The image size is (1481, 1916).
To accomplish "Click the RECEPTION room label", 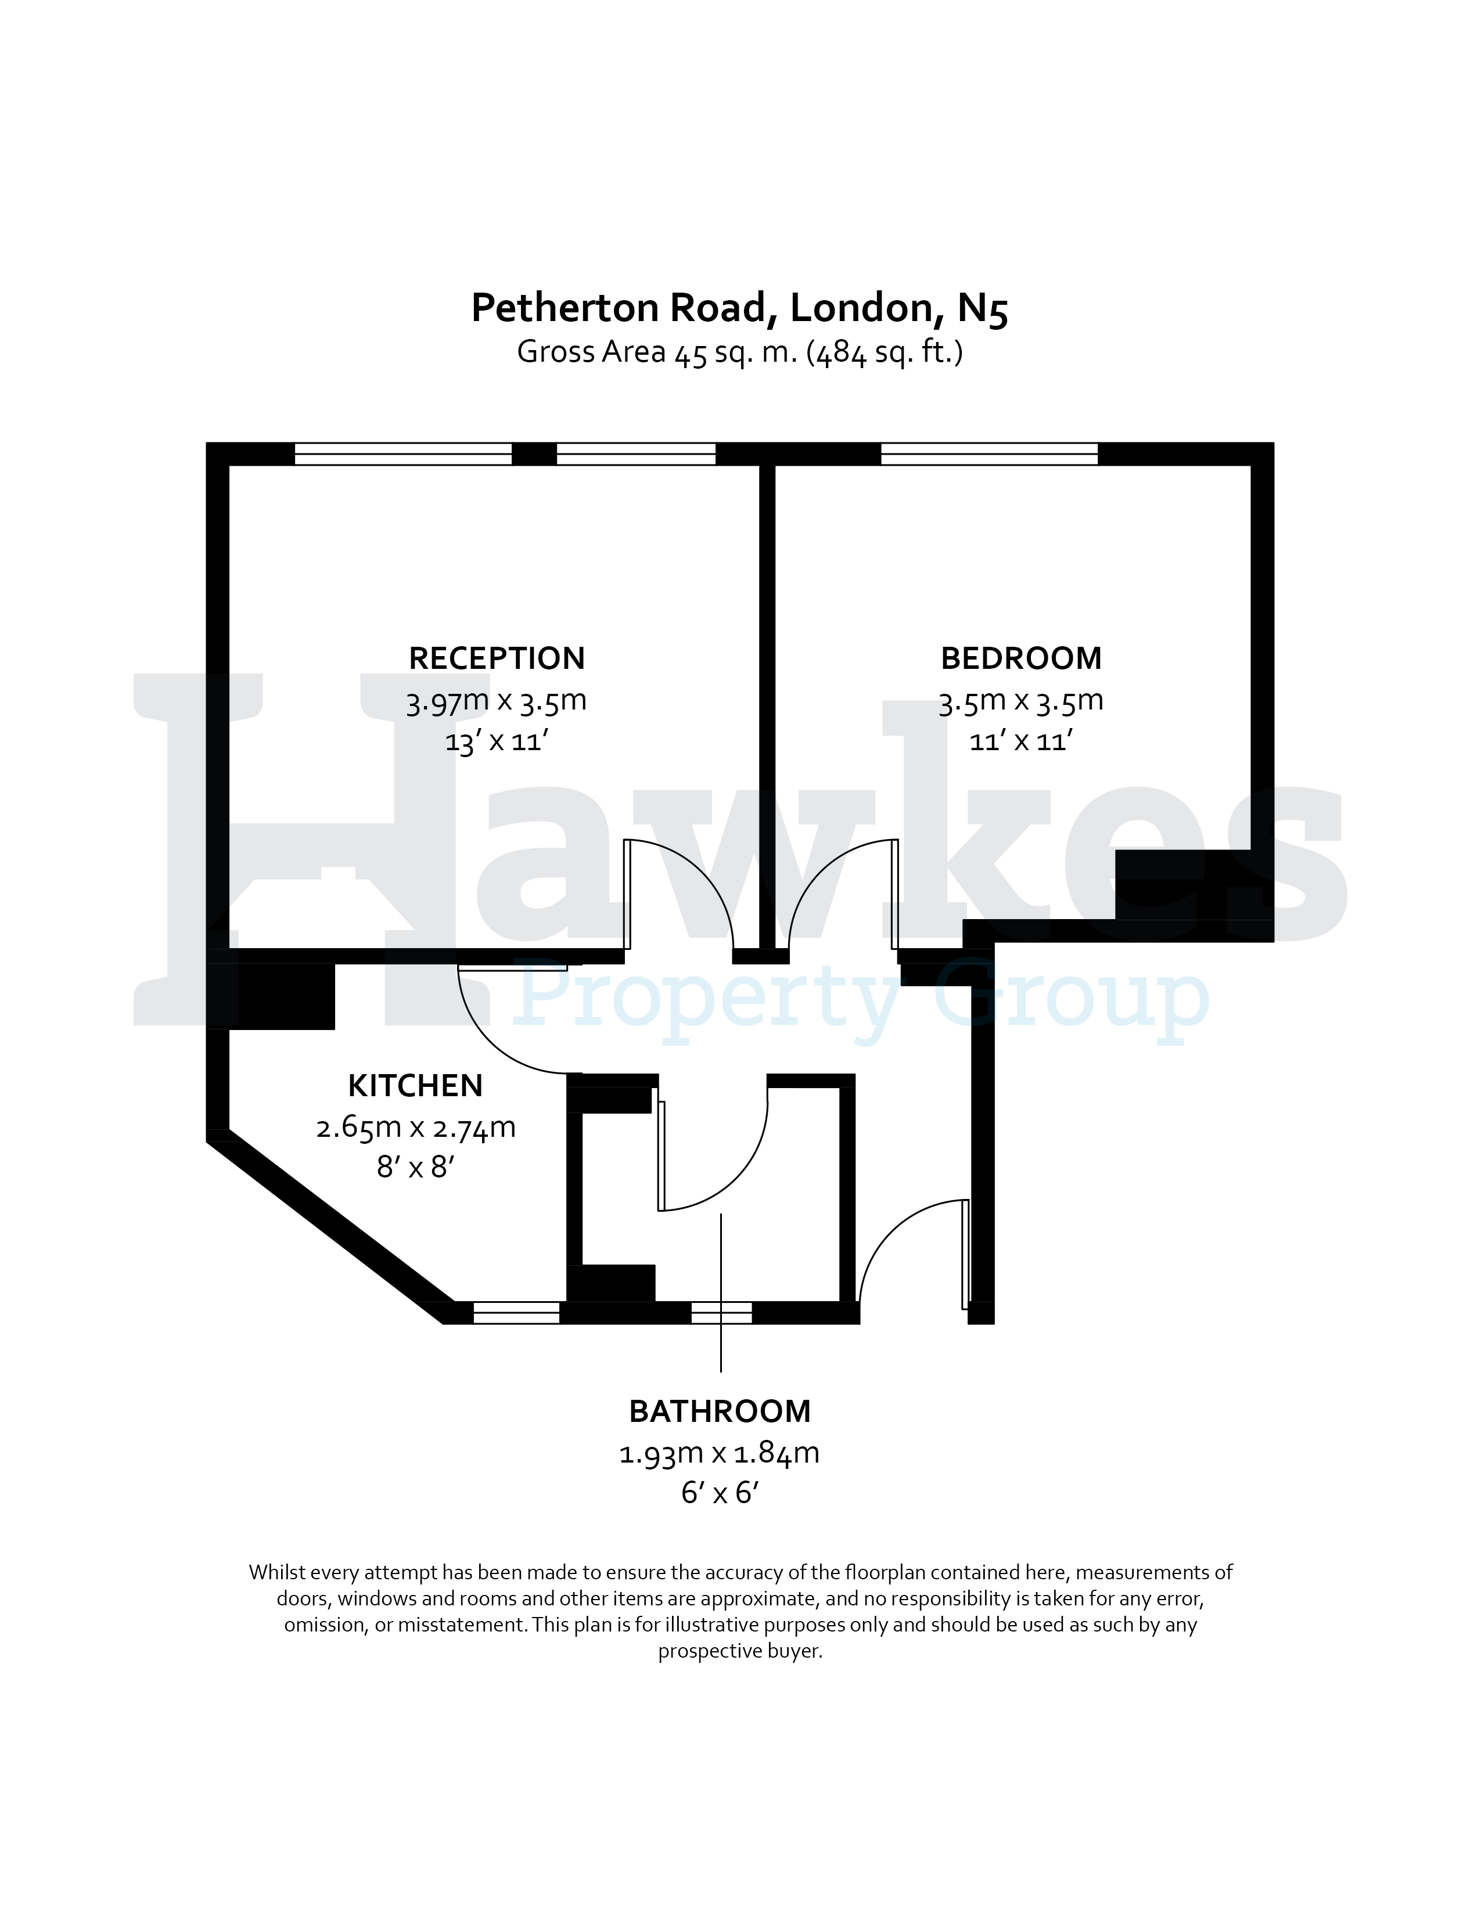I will click(x=497, y=658).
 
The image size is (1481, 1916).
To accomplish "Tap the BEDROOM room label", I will click(x=1020, y=658).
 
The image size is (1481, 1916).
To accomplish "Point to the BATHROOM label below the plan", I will click(x=720, y=1411).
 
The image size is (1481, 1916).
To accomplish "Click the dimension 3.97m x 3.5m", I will click(x=496, y=701).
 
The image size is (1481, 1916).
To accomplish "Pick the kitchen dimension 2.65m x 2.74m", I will click(x=415, y=1128).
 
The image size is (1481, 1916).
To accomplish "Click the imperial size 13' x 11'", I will click(x=496, y=741).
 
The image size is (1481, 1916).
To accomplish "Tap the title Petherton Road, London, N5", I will click(x=739, y=308).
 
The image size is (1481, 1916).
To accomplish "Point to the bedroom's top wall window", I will click(x=989, y=453).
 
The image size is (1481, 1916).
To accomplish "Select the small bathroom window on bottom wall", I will click(x=721, y=1312).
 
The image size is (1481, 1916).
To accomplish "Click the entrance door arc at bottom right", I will click(x=886, y=1228).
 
